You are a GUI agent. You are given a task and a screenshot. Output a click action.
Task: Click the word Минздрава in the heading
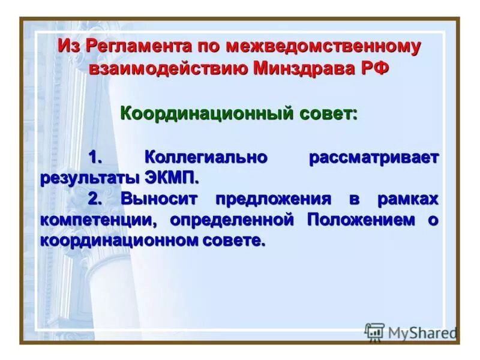pyautogui.click(x=304, y=67)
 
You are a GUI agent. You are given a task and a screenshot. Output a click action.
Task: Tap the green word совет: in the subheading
pyautogui.click(x=328, y=112)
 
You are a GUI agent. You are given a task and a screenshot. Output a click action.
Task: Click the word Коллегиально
pyautogui.click(x=206, y=158)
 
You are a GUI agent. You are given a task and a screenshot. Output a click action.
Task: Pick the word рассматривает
pyautogui.click(x=374, y=158)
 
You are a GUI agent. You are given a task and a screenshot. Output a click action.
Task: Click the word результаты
pyautogui.click(x=89, y=178)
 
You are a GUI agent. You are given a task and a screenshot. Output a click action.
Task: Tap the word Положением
pyautogui.click(x=361, y=220)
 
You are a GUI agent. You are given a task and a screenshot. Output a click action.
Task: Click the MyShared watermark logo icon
pyautogui.click(x=374, y=332)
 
